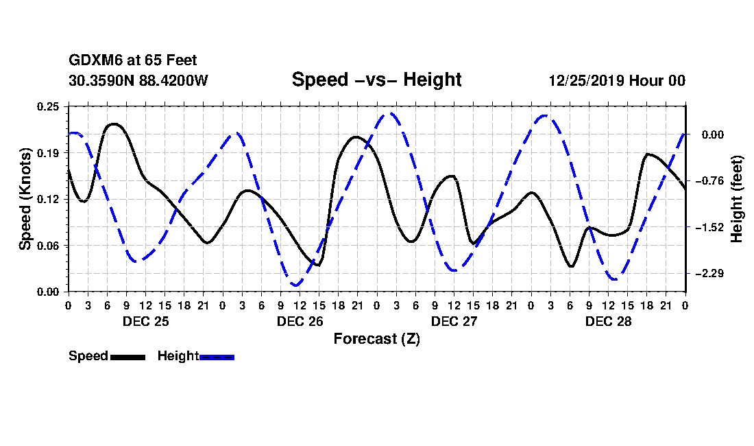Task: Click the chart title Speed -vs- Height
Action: pyautogui.click(x=376, y=80)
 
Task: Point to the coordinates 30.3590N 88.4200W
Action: pyautogui.click(x=138, y=80)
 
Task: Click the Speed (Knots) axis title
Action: pyautogui.click(x=25, y=198)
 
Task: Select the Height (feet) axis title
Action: pyautogui.click(x=737, y=198)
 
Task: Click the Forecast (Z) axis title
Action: pyautogui.click(x=376, y=338)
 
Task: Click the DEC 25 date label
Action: pyautogui.click(x=145, y=321)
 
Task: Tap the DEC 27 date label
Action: pyautogui.click(x=454, y=321)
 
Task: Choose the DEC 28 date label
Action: pyautogui.click(x=608, y=321)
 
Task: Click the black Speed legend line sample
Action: pyautogui.click(x=127, y=357)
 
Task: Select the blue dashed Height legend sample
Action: pyautogui.click(x=217, y=357)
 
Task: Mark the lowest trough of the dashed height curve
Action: pyautogui.click(x=296, y=285)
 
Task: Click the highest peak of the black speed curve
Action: pyautogui.click(x=113, y=124)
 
